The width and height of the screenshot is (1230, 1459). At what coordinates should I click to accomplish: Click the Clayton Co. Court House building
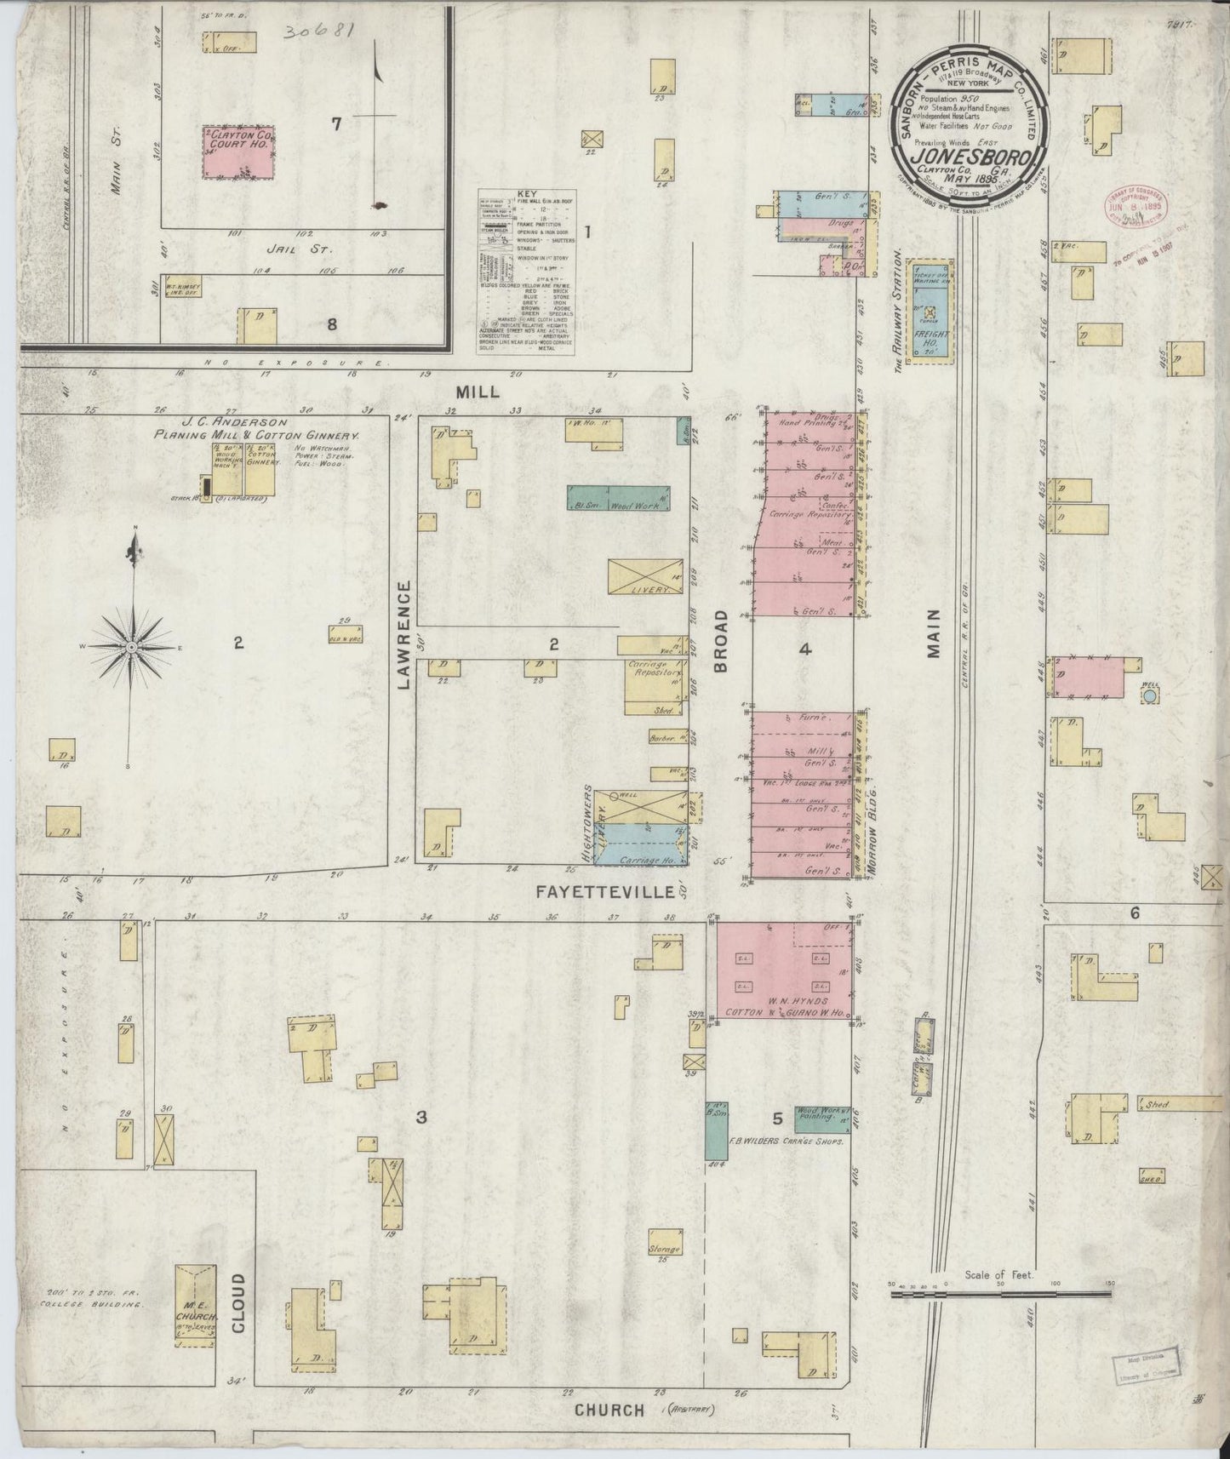(x=238, y=152)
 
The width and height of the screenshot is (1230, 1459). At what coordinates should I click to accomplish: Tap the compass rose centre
(x=132, y=648)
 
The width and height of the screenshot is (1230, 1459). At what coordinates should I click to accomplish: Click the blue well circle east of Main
(x=1149, y=695)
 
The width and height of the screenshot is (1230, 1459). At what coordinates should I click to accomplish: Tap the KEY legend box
(x=527, y=272)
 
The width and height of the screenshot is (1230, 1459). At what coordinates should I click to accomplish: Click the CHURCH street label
(x=609, y=1410)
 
